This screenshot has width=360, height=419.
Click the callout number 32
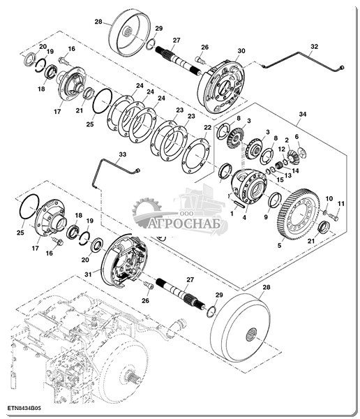click(315, 47)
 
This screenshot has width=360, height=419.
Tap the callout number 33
click(123, 154)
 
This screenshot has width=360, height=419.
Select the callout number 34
click(302, 114)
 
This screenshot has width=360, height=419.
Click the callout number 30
click(241, 51)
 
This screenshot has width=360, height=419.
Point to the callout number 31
click(88, 274)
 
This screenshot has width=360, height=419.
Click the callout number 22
click(207, 128)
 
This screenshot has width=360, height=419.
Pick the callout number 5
click(279, 245)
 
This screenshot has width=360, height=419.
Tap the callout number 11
click(341, 204)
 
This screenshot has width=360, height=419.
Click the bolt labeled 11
click(333, 216)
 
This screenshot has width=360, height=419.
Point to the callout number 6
click(297, 136)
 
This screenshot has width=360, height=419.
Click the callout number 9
click(266, 217)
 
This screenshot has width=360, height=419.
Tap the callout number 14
click(296, 170)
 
